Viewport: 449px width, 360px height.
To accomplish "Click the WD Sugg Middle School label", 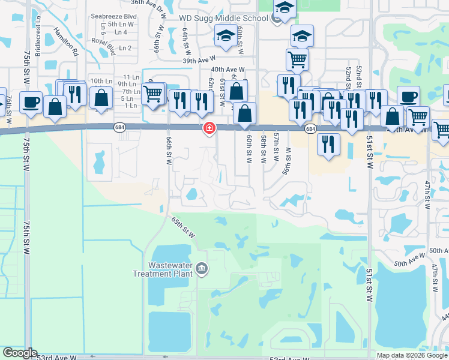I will click(223, 19).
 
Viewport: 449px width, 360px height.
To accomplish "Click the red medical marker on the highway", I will click(209, 128).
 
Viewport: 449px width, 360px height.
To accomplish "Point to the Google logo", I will click(19, 353).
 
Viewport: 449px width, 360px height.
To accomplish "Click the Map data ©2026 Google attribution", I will click(411, 355).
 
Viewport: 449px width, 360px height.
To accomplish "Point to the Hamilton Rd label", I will click(65, 41).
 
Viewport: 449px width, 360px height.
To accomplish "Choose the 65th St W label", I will click(184, 229).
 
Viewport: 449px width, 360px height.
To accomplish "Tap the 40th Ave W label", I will click(227, 70).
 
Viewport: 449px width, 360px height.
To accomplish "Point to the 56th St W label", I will click(288, 157).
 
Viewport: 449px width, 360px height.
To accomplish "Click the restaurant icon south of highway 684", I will click(328, 145).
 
